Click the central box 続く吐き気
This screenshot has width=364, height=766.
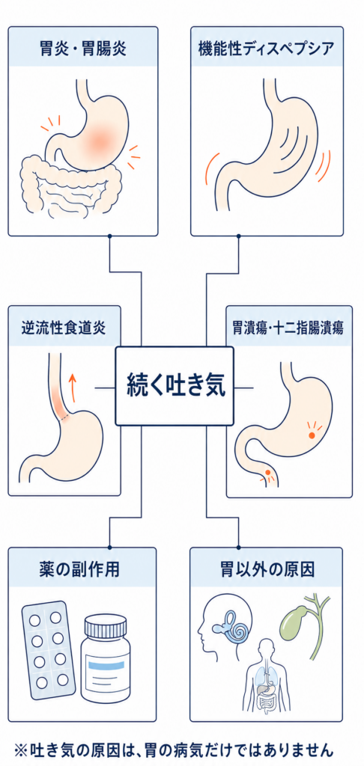[175, 386]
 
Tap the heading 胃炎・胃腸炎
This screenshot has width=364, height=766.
[82, 49]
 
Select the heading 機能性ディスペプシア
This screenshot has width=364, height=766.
[267, 49]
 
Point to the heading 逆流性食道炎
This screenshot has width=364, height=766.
[64, 328]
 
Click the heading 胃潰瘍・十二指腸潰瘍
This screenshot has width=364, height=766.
[288, 328]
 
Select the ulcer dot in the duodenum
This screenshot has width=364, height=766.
[267, 473]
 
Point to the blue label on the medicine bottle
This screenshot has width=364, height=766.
[106, 664]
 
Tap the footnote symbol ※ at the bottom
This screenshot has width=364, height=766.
[22, 749]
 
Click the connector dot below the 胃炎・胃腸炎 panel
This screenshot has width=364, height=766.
[110, 236]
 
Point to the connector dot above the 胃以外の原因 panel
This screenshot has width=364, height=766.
[239, 547]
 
